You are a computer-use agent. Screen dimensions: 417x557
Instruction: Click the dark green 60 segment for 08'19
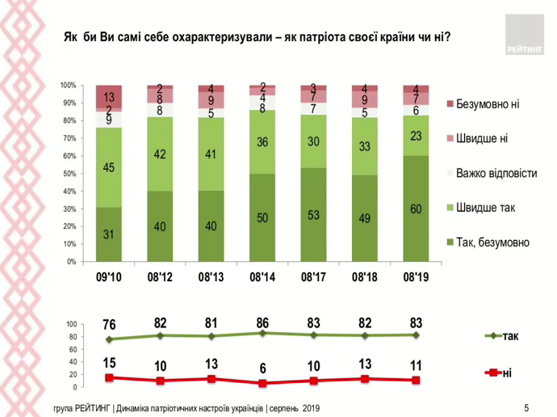[415, 208]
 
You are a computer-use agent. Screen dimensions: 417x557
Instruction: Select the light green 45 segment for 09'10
[108, 167]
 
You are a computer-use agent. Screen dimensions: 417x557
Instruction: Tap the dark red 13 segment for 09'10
[108, 96]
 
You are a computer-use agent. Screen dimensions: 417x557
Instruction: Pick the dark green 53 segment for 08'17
[312, 215]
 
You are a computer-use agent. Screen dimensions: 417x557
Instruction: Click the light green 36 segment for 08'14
[262, 142]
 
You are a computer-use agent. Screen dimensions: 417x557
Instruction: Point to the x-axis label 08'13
[211, 277]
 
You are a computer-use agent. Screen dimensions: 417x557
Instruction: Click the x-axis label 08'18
[364, 277]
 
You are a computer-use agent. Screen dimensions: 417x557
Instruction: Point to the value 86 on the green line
[262, 323]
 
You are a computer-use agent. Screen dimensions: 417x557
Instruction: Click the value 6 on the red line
[262, 369]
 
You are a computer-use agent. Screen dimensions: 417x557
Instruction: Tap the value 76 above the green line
[108, 326]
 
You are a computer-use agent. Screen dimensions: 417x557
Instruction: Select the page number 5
[526, 406]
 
